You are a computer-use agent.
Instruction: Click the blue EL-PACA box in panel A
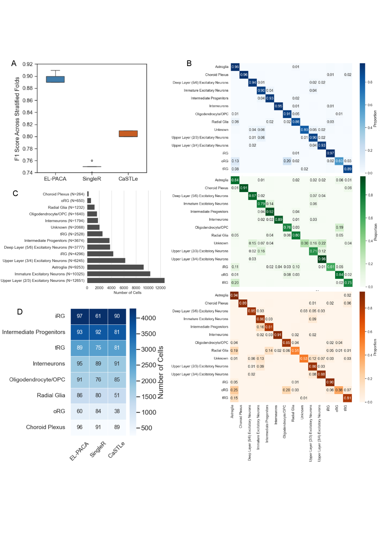coord(55,79)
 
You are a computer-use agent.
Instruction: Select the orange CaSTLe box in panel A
coord(128,134)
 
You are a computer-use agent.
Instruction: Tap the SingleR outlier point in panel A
coord(92,161)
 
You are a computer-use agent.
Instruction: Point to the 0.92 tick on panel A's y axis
coord(28,64)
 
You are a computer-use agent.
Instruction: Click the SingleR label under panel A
coord(92,179)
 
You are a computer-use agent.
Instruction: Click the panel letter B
coord(189,63)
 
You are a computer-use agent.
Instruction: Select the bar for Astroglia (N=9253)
coord(115,267)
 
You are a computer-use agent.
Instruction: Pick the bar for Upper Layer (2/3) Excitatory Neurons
coord(126,280)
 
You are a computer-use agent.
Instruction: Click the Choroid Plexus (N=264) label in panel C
coord(63,194)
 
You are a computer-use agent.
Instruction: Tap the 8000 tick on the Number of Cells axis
coord(136,288)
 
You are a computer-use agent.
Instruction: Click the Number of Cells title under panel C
coord(127,293)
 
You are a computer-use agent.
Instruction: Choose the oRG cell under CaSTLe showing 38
coord(117,411)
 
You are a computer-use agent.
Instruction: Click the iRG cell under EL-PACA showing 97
coord(79,316)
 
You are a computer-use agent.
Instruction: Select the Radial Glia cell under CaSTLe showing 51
coord(117,395)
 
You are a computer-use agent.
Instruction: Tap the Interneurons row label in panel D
coord(49,364)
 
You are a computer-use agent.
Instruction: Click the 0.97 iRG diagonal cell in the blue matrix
coord(330,153)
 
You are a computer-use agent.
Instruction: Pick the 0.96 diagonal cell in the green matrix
coord(322,259)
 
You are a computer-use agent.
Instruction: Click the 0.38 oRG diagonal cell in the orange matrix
coord(339,390)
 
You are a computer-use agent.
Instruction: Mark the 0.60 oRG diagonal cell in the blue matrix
coord(339,161)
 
